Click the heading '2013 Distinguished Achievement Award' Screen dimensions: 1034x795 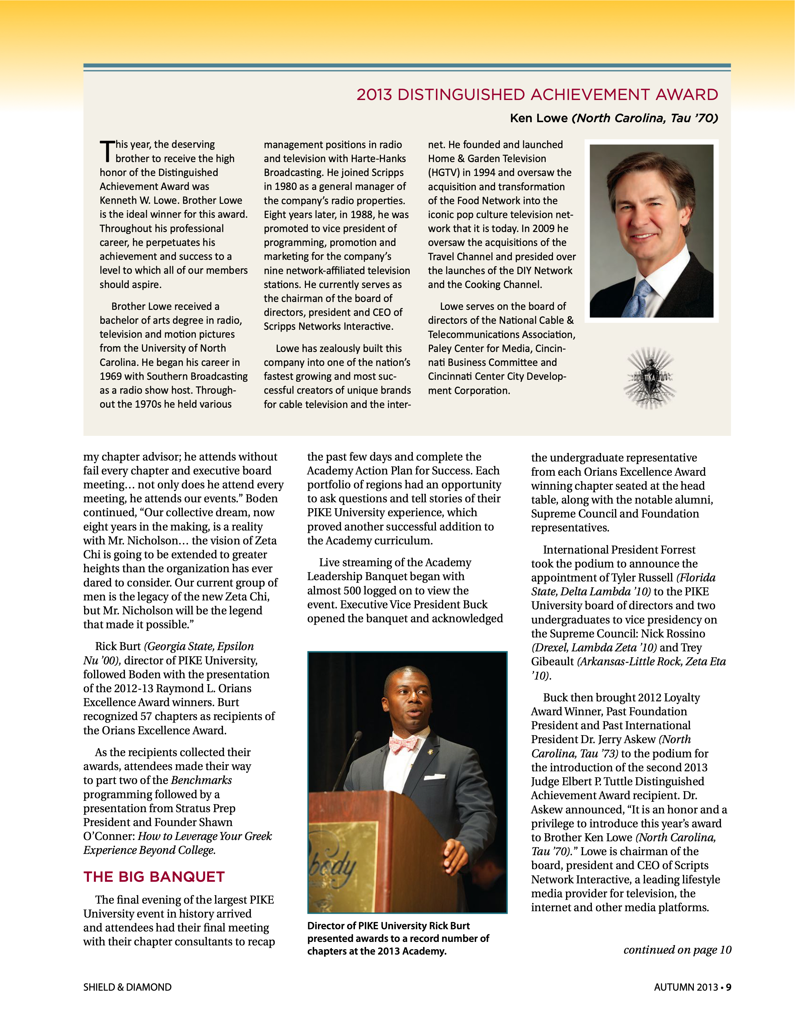pyautogui.click(x=537, y=95)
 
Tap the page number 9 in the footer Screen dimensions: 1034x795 pyautogui.click(x=729, y=987)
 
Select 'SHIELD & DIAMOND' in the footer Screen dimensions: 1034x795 pyautogui.click(x=127, y=987)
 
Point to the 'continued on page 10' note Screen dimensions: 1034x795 pyautogui.click(x=677, y=950)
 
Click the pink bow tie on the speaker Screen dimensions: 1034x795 pyautogui.click(x=403, y=744)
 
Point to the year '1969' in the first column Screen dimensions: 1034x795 pyautogui.click(x=111, y=376)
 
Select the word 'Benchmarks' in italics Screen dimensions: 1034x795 pyautogui.click(x=201, y=780)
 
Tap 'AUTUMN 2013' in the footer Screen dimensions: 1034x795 pyautogui.click(x=686, y=987)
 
